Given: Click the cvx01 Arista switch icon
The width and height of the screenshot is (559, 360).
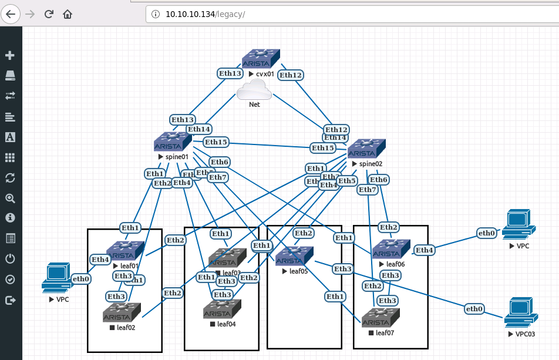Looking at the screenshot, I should [x=261, y=59].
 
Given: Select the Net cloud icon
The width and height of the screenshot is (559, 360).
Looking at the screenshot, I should [x=254, y=90].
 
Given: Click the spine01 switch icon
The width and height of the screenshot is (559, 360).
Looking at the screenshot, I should [x=173, y=142].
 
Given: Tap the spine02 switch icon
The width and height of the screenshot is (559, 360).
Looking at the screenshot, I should [x=366, y=149].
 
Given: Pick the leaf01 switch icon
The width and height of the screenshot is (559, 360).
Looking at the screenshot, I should [x=125, y=251].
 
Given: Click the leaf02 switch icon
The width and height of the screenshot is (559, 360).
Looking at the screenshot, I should [x=122, y=312].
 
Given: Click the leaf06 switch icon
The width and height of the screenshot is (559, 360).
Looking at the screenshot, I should [x=391, y=249].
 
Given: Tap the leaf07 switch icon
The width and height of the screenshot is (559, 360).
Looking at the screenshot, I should [x=380, y=318].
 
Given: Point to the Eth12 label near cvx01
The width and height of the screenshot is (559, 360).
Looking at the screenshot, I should [x=291, y=75].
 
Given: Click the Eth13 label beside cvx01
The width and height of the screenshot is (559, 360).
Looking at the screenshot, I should [x=230, y=73].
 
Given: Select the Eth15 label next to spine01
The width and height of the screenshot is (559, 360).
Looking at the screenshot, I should [x=215, y=142].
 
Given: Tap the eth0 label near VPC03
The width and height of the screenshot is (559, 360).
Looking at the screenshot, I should [x=474, y=308].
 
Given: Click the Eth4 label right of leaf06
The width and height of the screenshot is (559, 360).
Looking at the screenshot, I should [x=425, y=250].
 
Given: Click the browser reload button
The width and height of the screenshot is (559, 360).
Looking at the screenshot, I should [x=49, y=14].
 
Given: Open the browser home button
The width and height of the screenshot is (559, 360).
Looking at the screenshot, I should [x=68, y=14].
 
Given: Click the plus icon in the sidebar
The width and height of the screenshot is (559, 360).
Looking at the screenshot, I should [x=10, y=56].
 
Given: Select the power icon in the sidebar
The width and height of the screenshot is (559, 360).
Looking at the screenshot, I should [x=10, y=259].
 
